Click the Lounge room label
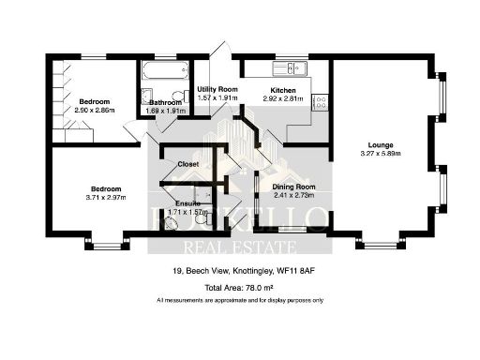point(380,145)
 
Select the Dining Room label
point(293,187)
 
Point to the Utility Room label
point(214,88)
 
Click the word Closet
point(187,164)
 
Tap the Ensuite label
point(187,203)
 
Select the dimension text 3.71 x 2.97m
point(105,197)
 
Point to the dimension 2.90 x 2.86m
point(95,110)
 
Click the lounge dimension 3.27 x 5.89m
point(380,155)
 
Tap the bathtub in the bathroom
point(165,71)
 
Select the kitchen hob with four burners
point(320,101)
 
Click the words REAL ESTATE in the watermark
point(241,247)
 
